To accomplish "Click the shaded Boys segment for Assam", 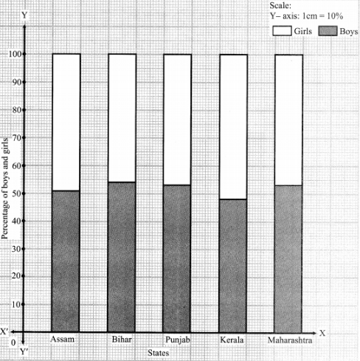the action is pyautogui.click(x=66, y=261).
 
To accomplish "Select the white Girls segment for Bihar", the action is pyautogui.click(x=122, y=118).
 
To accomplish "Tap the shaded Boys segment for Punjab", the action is pyautogui.click(x=177, y=258).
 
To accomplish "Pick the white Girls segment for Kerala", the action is pyautogui.click(x=233, y=127).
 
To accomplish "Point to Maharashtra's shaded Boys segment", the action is pyautogui.click(x=288, y=259).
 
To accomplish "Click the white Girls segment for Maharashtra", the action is pyautogui.click(x=289, y=120).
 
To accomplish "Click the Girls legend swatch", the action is pyautogui.click(x=282, y=31).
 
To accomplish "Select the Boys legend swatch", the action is pyautogui.click(x=328, y=31).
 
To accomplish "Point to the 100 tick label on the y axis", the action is pyautogui.click(x=15, y=54).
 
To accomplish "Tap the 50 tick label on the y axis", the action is pyautogui.click(x=16, y=193).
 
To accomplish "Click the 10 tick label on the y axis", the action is pyautogui.click(x=16, y=304).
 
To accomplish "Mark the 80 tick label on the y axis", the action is pyautogui.click(x=16, y=110).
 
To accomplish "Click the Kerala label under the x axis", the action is pyautogui.click(x=232, y=340).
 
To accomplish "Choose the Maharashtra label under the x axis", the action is pyautogui.click(x=290, y=340).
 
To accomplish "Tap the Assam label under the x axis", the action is pyautogui.click(x=62, y=339).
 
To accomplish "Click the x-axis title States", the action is pyautogui.click(x=159, y=353).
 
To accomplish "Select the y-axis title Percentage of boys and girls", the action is pyautogui.click(x=4, y=188).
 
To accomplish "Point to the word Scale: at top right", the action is pyautogui.click(x=280, y=5).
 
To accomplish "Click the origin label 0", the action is pyautogui.click(x=13, y=343).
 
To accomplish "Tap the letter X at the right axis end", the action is pyautogui.click(x=322, y=333).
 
